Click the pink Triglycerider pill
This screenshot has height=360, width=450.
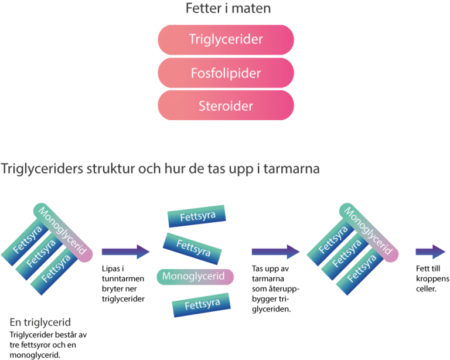[x=226, y=40]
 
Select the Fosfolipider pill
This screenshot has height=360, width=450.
[x=226, y=73]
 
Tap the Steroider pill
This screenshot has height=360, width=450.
[x=226, y=106]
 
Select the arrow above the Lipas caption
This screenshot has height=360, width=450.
[x=125, y=252]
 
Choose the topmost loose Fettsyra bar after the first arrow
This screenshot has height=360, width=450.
[x=196, y=217]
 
